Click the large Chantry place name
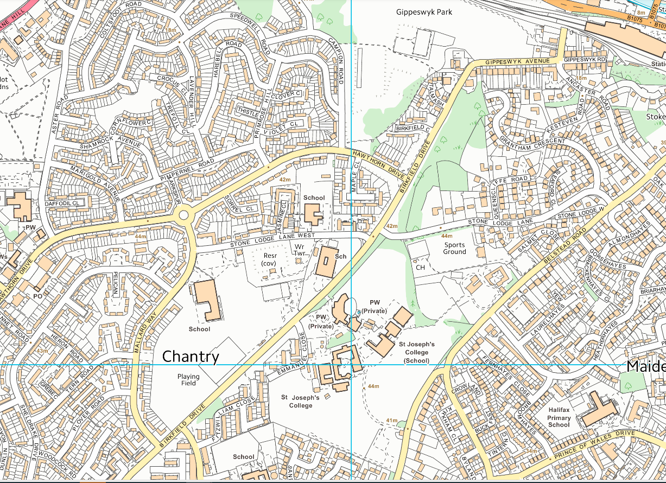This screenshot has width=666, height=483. (191, 357)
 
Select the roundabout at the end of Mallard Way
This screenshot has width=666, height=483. (183, 215)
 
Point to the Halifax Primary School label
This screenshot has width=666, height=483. (559, 418)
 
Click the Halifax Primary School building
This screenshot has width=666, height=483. (598, 409)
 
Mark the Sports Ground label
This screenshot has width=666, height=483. (454, 248)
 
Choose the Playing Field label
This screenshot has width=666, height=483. (188, 379)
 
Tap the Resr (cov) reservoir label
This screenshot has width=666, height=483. (269, 259)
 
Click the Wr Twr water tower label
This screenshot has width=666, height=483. (299, 250)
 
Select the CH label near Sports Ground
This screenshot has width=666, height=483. (420, 268)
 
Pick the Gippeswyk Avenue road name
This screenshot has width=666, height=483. (518, 61)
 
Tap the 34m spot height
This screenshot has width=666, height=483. (530, 451)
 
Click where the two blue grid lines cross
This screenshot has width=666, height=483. (352, 365)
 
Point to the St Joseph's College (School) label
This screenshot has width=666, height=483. (416, 352)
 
